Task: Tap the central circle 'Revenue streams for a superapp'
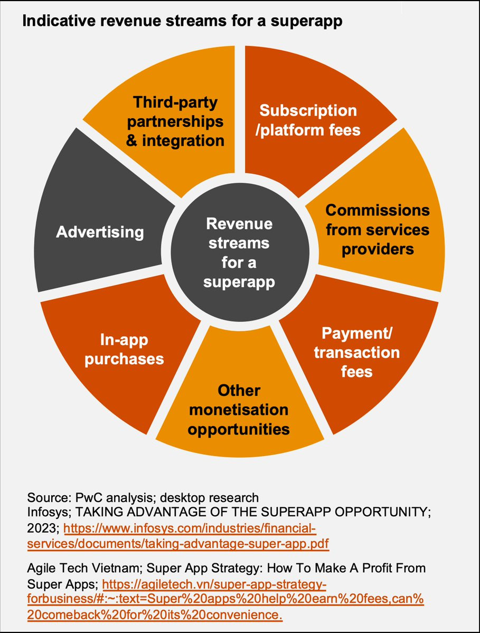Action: [x=239, y=253]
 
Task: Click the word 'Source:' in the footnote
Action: [x=47, y=497]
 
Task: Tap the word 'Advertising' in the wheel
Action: [x=100, y=232]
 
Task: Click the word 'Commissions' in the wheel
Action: [x=377, y=210]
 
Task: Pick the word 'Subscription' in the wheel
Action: [x=308, y=110]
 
